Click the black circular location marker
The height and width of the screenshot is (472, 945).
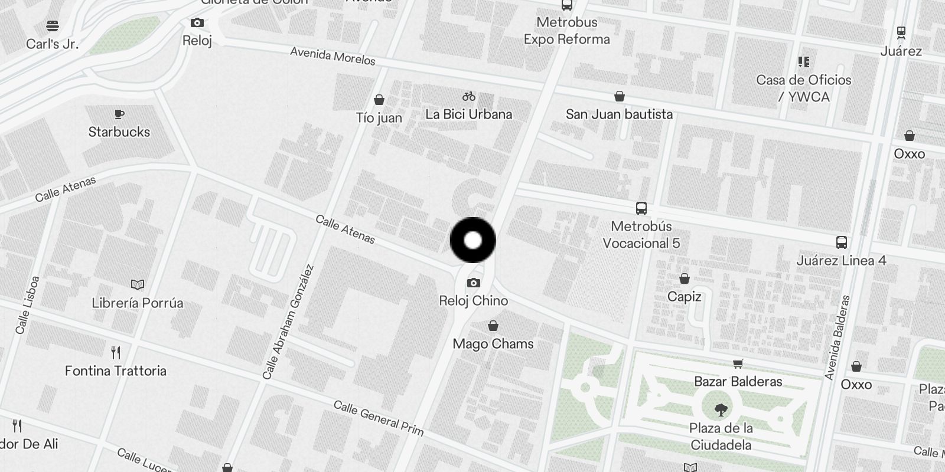[x=472, y=240]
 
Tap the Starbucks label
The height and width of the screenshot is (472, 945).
[x=119, y=132]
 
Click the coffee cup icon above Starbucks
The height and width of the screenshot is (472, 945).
[x=119, y=114]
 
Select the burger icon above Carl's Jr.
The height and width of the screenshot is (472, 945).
[x=53, y=26]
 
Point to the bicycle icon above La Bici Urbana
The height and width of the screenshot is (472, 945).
[x=469, y=96]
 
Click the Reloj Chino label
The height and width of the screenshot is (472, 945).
[x=473, y=301]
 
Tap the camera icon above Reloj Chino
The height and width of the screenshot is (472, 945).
[x=473, y=283]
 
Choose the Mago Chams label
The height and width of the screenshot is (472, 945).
[x=493, y=343]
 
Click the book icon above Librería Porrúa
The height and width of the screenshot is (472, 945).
[x=138, y=285]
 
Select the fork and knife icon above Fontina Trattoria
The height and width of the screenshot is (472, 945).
[x=116, y=353]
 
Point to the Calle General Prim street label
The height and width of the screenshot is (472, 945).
[x=379, y=418]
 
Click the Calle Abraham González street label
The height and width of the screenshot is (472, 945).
[x=288, y=322]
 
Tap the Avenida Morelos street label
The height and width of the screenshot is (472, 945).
[x=333, y=56]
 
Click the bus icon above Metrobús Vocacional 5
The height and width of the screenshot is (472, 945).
[x=641, y=208]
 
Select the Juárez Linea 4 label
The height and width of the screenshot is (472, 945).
[x=841, y=260]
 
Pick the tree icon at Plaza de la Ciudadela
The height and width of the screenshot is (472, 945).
[x=721, y=409]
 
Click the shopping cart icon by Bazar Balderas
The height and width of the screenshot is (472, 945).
[x=738, y=363]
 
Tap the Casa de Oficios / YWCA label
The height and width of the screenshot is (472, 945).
[x=804, y=88]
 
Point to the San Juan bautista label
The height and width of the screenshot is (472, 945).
[x=619, y=114]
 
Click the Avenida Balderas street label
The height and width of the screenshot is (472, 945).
[x=839, y=337]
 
